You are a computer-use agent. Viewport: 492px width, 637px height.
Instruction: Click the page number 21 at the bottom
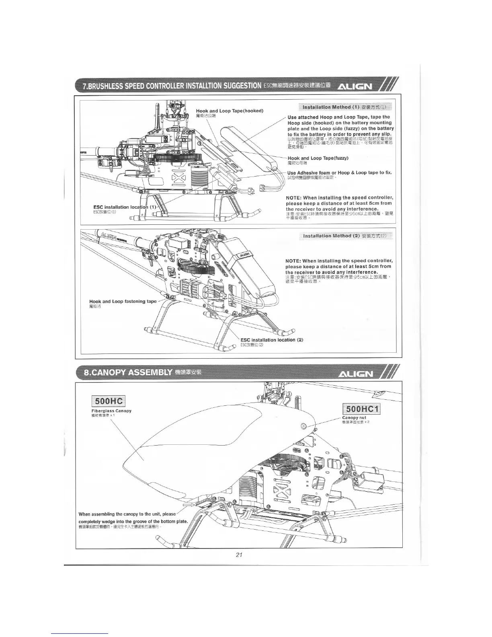coord(239,555)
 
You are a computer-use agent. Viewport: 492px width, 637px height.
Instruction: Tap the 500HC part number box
coord(109,401)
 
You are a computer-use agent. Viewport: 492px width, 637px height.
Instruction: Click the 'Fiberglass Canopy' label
coord(111,411)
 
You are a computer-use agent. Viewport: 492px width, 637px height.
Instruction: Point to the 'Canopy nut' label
coord(354,417)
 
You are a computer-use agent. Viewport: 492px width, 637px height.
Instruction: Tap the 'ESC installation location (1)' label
coord(124,207)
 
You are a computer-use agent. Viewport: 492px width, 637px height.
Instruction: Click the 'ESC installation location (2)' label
coord(271,340)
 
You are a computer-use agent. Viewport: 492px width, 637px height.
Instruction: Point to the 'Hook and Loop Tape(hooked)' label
coord(230,111)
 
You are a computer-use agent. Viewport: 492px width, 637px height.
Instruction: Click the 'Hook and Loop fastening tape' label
coord(123,301)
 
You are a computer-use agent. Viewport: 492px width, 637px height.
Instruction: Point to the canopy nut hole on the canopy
coord(303,426)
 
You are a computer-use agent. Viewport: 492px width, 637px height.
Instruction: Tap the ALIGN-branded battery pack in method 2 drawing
coord(248,257)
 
